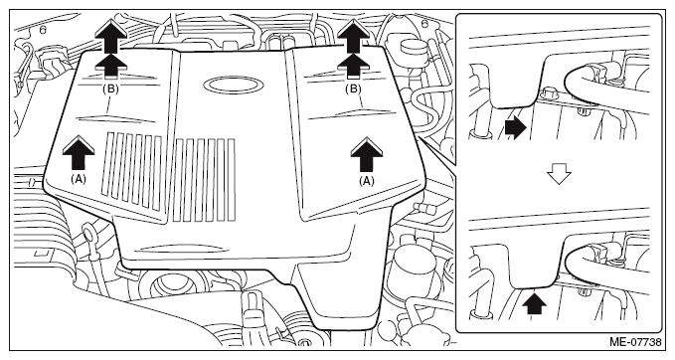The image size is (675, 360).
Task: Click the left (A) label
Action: (79, 179)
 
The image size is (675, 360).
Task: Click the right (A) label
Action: (367, 181)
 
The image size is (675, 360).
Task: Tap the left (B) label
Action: (111, 90)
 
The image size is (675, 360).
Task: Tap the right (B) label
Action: (354, 90)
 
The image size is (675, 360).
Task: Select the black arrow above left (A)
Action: (78, 152)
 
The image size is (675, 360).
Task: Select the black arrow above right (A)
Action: (367, 154)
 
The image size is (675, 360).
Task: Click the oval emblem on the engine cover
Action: (233, 85)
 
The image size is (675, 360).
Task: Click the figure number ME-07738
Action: (635, 342)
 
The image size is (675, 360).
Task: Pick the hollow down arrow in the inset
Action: (559, 175)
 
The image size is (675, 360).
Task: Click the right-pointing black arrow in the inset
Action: (516, 128)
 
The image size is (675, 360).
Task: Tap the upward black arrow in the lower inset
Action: (534, 303)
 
